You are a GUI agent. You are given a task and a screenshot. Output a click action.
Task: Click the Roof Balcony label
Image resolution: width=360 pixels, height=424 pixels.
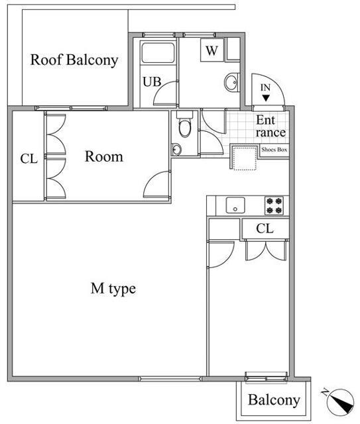point(74,60)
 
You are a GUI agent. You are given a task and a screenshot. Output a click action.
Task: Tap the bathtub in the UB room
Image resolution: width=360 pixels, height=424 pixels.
point(158,52)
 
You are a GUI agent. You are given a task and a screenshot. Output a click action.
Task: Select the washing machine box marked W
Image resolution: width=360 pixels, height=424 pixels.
point(212,50)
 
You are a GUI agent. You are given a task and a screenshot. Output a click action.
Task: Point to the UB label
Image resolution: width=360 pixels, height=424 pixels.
point(152,81)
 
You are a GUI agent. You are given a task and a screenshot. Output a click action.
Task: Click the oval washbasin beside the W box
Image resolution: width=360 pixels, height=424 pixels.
point(231,82)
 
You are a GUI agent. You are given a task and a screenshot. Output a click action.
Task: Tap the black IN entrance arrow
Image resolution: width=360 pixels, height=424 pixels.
point(266,98)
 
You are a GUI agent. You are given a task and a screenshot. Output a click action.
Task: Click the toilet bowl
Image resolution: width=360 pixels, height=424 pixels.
point(184,127)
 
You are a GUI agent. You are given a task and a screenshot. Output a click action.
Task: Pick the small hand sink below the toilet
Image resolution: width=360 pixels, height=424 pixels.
point(176,149)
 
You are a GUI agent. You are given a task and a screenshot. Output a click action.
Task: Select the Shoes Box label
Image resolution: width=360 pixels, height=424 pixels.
point(274,150)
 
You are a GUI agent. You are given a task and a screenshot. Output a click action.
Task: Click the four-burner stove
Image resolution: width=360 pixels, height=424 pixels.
point(274,205)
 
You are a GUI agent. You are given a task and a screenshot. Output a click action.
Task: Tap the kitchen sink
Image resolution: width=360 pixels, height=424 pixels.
point(235,205)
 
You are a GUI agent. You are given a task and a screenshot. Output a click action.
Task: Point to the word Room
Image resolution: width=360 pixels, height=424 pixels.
point(104,156)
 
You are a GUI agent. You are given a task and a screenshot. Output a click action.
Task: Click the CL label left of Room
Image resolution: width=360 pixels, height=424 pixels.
point(29,159)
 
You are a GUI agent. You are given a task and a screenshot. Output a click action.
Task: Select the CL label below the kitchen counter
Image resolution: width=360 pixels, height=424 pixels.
point(265,229)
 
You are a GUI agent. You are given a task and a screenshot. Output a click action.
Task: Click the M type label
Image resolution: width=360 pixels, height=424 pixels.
point(113,289)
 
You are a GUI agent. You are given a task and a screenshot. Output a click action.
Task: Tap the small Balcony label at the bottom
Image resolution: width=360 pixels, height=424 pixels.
point(274,400)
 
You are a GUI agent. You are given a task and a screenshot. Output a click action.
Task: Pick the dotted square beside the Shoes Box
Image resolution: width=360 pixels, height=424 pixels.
point(245,159)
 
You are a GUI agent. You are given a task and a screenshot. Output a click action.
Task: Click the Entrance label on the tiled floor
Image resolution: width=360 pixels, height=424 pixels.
point(270,127)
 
